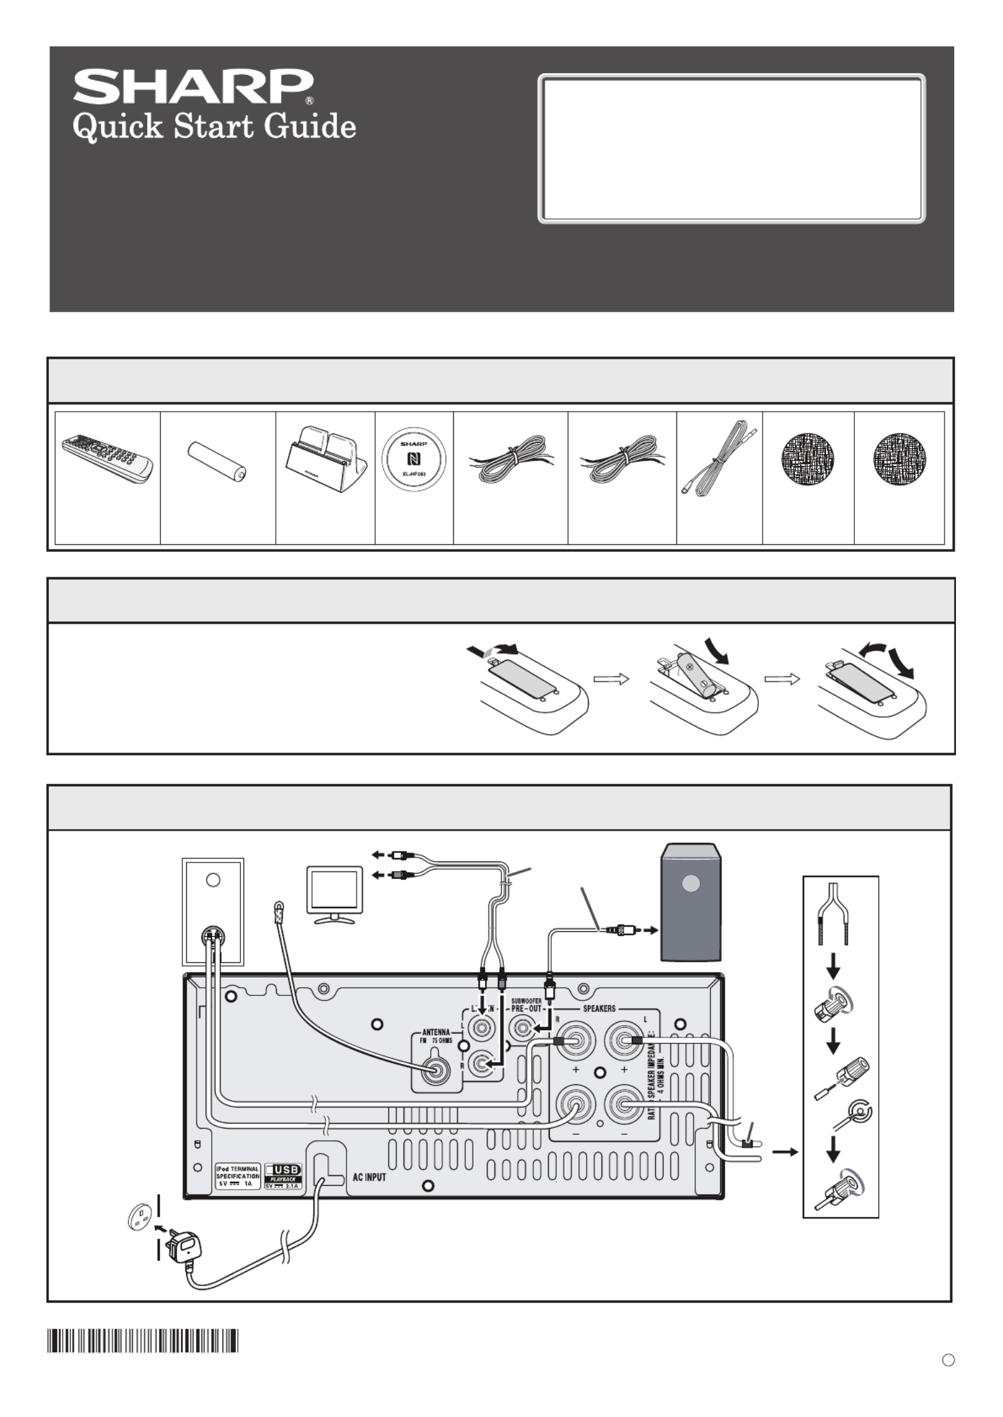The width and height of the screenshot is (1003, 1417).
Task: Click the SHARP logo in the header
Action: [x=193, y=86]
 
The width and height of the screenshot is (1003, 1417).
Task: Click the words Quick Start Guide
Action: [x=214, y=127]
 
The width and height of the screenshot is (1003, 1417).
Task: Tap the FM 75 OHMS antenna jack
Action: [x=437, y=1070]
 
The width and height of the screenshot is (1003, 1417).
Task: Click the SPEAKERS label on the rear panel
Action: [x=599, y=1008]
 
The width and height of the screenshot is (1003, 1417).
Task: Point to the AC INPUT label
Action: [x=369, y=1177]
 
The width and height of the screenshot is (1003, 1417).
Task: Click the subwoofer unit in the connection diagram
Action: [x=691, y=901]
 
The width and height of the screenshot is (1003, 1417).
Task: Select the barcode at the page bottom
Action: [x=143, y=1341]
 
